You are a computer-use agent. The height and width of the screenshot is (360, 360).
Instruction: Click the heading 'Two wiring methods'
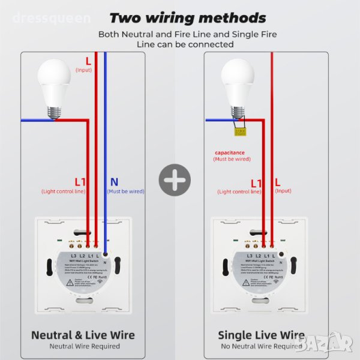tap(187, 18)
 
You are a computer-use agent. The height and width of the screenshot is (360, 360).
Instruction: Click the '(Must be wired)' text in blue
tap(125, 191)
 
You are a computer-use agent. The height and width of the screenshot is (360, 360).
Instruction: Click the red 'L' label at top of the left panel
tap(88, 61)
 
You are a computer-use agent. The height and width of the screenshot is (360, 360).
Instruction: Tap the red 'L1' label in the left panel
tap(80, 181)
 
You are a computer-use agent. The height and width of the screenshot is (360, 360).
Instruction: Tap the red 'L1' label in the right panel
tap(256, 182)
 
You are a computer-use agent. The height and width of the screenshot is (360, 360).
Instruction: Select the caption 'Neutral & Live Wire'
tap(83, 335)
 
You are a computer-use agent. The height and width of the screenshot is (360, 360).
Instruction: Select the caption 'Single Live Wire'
tap(261, 335)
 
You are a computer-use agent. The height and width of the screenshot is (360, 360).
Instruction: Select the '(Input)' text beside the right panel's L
tap(283, 191)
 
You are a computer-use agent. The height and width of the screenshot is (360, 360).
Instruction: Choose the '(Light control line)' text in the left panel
tap(63, 191)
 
